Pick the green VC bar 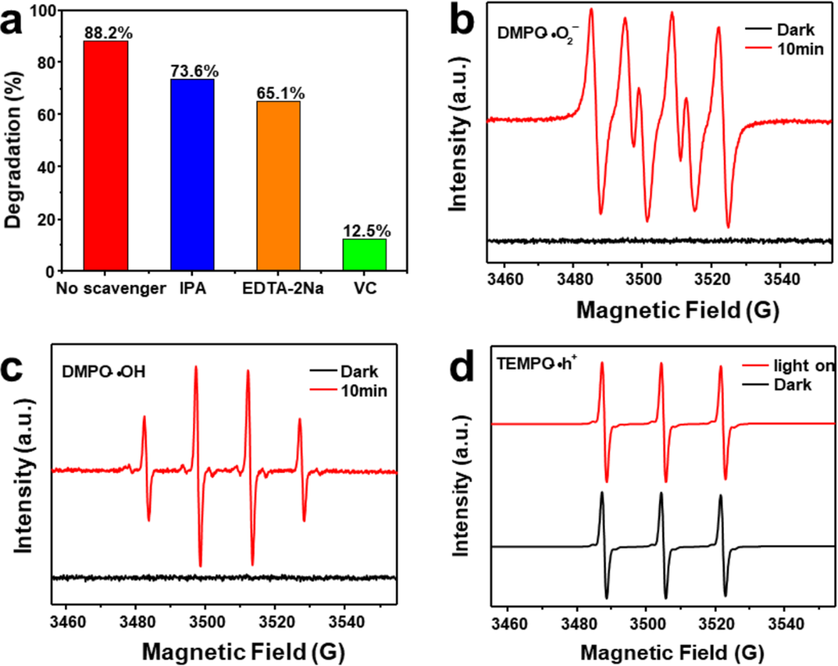(364, 255)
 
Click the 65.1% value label (277, 94)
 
